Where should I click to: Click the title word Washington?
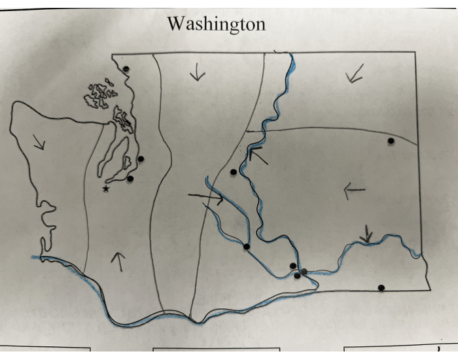(x=216, y=24)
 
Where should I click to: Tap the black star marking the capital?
(x=106, y=189)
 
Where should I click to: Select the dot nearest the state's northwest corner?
(x=126, y=69)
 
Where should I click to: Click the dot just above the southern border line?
(x=381, y=287)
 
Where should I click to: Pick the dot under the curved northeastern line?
(x=391, y=141)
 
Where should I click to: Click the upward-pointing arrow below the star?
(x=118, y=261)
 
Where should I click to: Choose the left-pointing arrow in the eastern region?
(x=354, y=190)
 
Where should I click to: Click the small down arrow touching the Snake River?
(x=368, y=233)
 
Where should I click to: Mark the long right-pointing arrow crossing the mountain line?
(x=206, y=197)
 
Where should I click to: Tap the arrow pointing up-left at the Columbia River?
(x=257, y=154)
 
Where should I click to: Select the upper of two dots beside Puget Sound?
(x=141, y=158)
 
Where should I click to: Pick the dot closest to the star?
(x=130, y=178)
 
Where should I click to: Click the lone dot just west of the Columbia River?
(x=234, y=172)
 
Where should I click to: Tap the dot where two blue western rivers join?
(x=247, y=246)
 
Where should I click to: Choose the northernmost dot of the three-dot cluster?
(x=292, y=265)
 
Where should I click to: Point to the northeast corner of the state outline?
(x=415, y=52)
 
